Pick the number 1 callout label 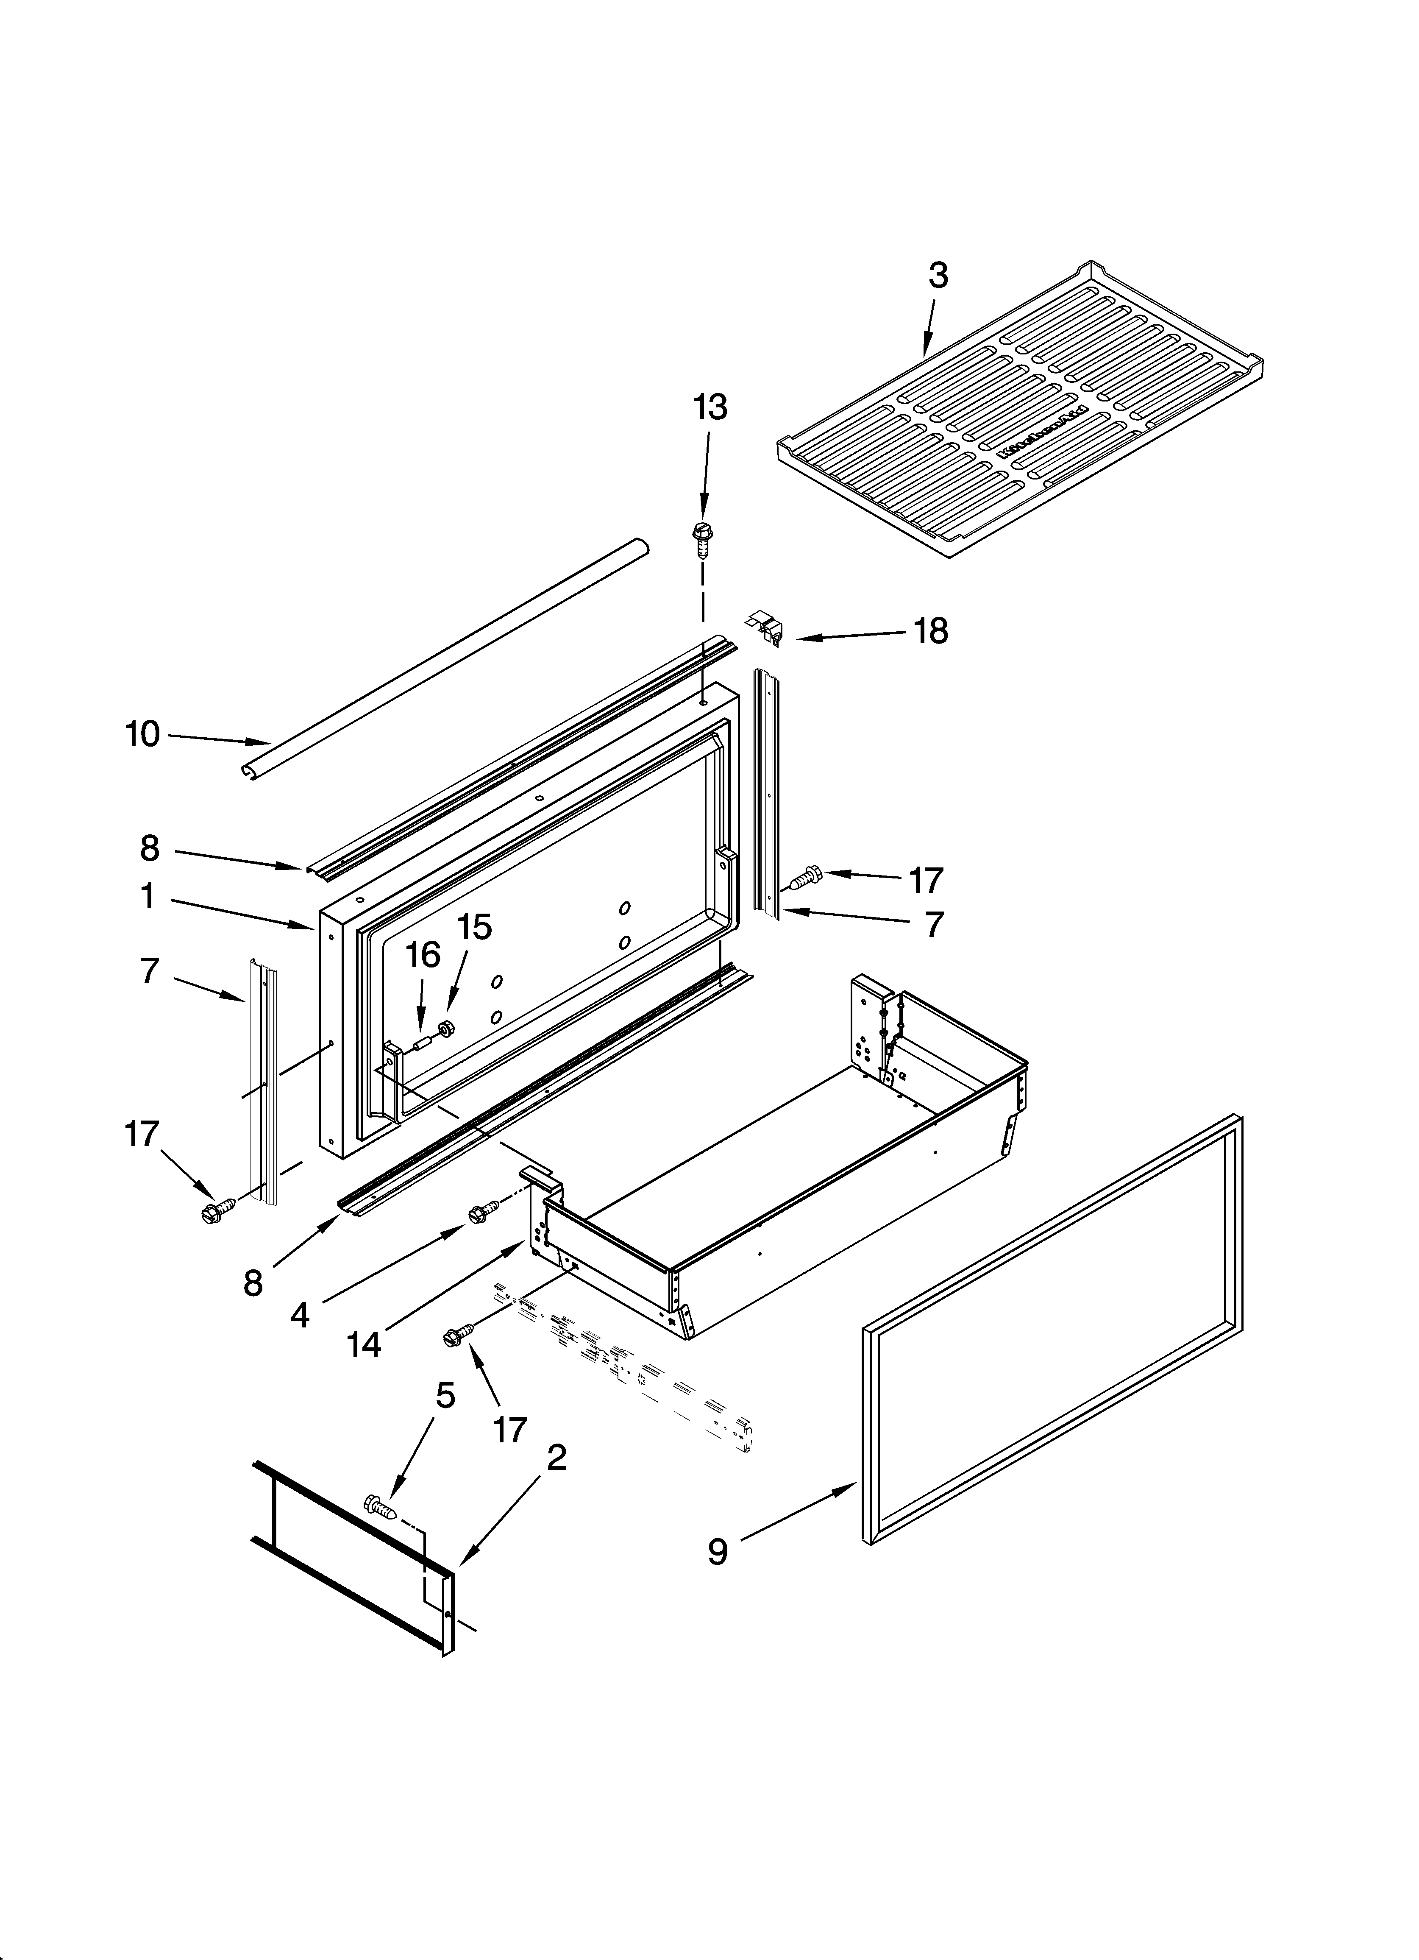pos(149,897)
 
